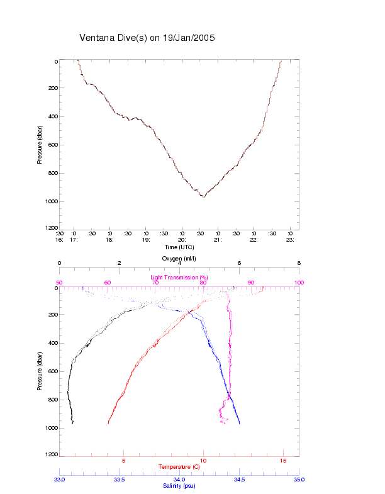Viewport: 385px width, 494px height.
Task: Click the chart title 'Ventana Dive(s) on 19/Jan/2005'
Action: pyautogui.click(x=147, y=38)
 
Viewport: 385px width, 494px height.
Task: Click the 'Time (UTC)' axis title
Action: pyautogui.click(x=179, y=247)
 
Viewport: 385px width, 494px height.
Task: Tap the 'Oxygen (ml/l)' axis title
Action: pyautogui.click(x=179, y=259)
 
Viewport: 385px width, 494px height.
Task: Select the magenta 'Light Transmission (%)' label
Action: pyautogui.click(x=179, y=277)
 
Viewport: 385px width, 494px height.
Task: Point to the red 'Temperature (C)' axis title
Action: pyautogui.click(x=179, y=466)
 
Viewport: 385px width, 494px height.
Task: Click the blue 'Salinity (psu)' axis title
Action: pyautogui.click(x=179, y=486)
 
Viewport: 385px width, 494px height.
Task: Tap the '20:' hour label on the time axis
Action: pyautogui.click(x=182, y=240)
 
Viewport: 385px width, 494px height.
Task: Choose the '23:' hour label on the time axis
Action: pyautogui.click(x=290, y=240)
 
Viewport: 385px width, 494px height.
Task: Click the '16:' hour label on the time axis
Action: pyautogui.click(x=60, y=240)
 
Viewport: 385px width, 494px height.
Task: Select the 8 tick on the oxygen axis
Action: pyautogui.click(x=299, y=264)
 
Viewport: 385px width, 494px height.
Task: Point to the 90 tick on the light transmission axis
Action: pyautogui.click(x=251, y=283)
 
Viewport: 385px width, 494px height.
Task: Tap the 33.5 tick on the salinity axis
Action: pyautogui.click(x=120, y=480)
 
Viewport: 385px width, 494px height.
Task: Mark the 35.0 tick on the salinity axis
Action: pyautogui.click(x=299, y=480)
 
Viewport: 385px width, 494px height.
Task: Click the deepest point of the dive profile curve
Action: pyautogui.click(x=203, y=197)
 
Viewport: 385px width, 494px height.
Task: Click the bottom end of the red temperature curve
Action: pyautogui.click(x=108, y=424)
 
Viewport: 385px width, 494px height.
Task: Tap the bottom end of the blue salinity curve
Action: pyautogui.click(x=240, y=424)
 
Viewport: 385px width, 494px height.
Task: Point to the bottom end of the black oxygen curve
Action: pyautogui.click(x=73, y=424)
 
